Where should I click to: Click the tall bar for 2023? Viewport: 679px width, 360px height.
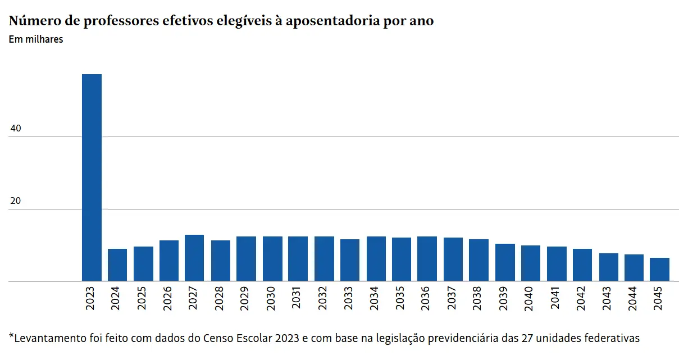point(92,177)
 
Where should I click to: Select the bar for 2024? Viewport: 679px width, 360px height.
point(117,265)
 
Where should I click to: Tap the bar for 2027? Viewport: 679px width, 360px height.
point(194,258)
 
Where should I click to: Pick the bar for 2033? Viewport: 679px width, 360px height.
point(350,260)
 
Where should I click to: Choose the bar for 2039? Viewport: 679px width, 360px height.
point(505,262)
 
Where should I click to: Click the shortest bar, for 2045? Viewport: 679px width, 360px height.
point(659,270)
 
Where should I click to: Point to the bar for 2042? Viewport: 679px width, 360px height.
point(582,265)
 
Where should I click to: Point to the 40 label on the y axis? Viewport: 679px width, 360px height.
point(16,129)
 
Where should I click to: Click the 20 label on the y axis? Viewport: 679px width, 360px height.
point(16,202)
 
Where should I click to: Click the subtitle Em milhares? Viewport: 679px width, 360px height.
point(36,39)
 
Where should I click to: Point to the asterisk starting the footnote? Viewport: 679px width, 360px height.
point(11,336)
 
